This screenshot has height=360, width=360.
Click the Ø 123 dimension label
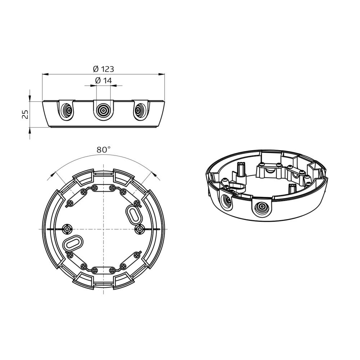[103, 69]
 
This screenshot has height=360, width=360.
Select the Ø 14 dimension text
[103, 81]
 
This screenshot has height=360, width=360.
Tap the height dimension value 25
[25, 114]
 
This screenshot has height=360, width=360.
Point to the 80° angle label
[103, 150]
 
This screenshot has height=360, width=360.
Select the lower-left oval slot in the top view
[73, 244]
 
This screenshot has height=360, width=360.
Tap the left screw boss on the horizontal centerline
[67, 229]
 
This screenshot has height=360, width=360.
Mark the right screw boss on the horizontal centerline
[140, 229]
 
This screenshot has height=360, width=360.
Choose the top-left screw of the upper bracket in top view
[95, 187]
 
